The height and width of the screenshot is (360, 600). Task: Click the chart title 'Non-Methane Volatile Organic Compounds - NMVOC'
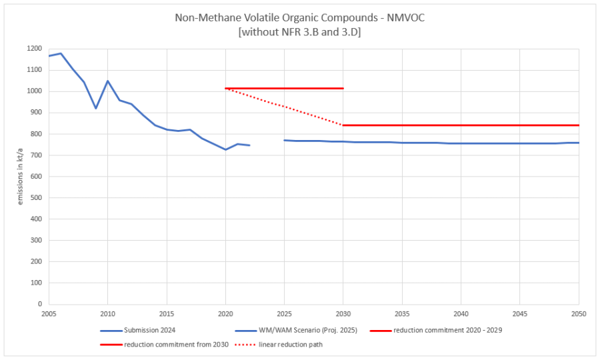(299, 18)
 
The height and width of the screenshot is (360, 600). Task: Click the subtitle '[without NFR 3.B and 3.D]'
(299, 31)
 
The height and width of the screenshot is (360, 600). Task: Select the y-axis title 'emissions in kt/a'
(20, 176)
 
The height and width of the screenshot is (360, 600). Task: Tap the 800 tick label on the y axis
(35, 134)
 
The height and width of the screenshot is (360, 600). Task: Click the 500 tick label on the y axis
(35, 198)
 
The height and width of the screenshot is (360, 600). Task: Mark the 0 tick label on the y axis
(39, 304)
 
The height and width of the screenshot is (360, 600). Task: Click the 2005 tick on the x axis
(49, 312)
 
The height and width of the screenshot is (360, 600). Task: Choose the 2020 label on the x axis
(225, 312)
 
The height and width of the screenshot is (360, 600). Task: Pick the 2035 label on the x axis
(402, 312)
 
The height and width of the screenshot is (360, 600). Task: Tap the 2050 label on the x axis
(579, 312)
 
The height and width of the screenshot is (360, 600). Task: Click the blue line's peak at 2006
(61, 53)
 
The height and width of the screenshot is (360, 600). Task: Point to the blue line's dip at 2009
(96, 108)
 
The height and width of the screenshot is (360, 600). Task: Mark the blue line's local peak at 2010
(107, 81)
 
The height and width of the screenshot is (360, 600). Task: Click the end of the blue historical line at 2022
(249, 145)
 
